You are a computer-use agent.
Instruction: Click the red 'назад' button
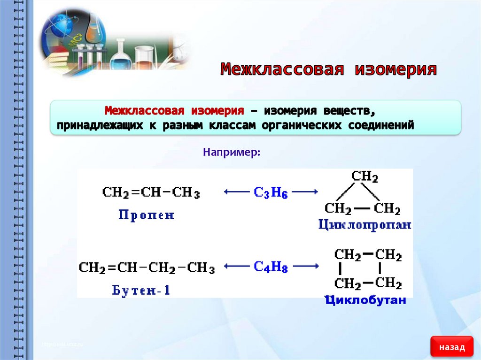pyautogui.click(x=452, y=347)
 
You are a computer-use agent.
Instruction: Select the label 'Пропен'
pyautogui.click(x=146, y=215)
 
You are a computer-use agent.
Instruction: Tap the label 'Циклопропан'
pyautogui.click(x=365, y=225)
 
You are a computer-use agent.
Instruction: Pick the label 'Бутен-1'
pyautogui.click(x=141, y=291)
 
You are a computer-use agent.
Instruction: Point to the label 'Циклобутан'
pyautogui.click(x=365, y=300)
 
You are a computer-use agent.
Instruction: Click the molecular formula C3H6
pyautogui.click(x=271, y=192)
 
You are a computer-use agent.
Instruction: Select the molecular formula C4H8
pyautogui.click(x=271, y=268)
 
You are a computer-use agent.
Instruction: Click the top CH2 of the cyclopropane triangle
pyautogui.click(x=365, y=176)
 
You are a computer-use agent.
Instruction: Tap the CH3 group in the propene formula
pyautogui.click(x=186, y=192)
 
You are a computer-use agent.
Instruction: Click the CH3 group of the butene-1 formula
pyautogui.click(x=201, y=268)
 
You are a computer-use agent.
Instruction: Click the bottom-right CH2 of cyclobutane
pyautogui.click(x=388, y=283)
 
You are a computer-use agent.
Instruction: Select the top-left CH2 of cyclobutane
pyautogui.click(x=348, y=255)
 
